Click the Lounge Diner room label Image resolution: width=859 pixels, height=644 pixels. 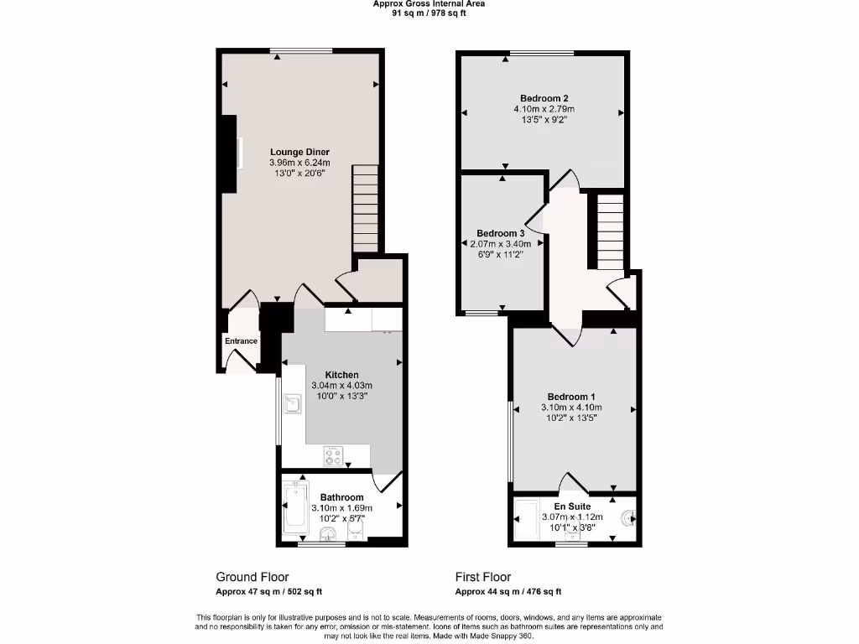[x=299, y=152]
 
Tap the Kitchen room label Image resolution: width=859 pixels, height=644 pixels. [x=341, y=375]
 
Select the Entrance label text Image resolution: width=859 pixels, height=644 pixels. [x=241, y=341]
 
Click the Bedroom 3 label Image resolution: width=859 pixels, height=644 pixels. [x=501, y=233]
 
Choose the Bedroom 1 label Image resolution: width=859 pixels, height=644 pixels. [x=571, y=397]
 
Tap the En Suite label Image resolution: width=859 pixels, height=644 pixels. [x=571, y=506]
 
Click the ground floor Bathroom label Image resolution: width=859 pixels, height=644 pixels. [x=341, y=497]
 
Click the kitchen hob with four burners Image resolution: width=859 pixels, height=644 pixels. [x=334, y=456]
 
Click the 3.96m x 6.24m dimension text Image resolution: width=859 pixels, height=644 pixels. [x=299, y=162]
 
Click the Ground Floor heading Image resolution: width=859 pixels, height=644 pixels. [x=252, y=577]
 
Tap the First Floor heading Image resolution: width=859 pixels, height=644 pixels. [x=483, y=577]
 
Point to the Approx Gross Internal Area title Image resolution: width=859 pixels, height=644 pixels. [x=429, y=4]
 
